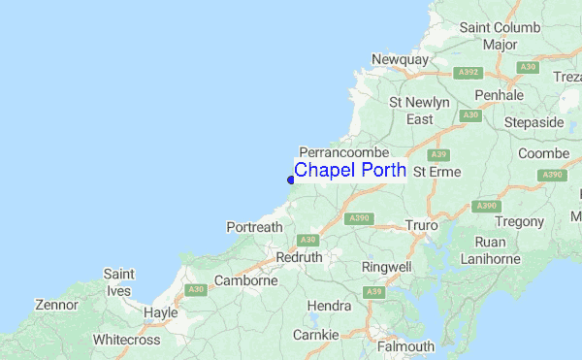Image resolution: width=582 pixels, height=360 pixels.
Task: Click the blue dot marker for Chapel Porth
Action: click(291, 179)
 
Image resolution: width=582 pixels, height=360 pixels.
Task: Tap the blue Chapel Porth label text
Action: click(349, 171)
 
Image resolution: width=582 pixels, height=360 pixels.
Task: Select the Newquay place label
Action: click(400, 59)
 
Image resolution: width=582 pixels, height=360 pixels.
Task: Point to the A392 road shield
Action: click(469, 72)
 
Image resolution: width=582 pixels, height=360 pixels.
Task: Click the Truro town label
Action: click(422, 225)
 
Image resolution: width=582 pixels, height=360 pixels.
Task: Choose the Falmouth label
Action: click(407, 346)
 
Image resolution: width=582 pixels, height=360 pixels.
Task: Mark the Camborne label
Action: click(245, 280)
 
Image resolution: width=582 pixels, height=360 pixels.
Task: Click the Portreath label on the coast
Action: click(254, 227)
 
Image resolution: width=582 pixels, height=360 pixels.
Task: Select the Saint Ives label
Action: click(118, 281)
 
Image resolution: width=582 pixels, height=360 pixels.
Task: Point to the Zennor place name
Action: click(55, 305)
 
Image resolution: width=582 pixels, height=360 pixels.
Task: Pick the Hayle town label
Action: click(160, 312)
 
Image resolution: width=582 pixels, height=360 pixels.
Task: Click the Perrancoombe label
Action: click(344, 152)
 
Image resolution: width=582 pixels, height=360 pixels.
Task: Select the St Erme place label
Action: click(435, 172)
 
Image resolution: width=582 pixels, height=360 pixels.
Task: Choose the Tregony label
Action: click(522, 222)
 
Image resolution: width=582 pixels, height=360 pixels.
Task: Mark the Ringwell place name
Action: click(386, 266)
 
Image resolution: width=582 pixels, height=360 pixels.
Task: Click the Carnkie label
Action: click(316, 335)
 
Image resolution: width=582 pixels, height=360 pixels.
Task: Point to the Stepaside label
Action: click(533, 123)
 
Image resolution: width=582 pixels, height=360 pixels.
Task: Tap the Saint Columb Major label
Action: click(500, 36)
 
